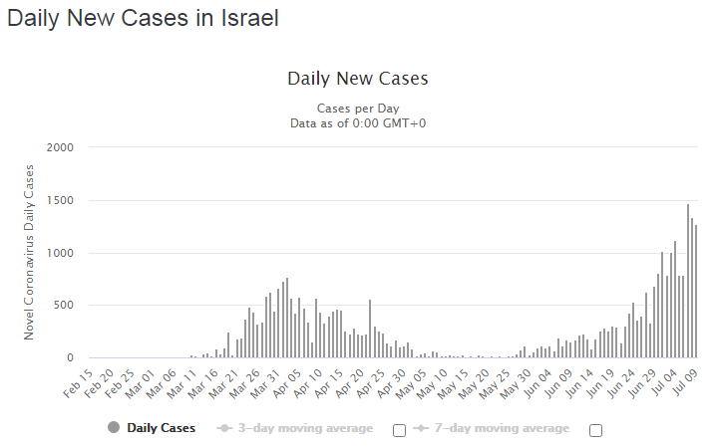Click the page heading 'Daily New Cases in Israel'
143,18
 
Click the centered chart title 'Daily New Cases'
357,79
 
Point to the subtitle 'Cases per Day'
357,108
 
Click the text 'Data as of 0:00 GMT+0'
357,122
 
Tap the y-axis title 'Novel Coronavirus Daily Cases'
29,253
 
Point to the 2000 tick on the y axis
61,147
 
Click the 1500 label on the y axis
61,200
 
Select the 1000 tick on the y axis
61,253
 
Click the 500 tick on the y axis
64,305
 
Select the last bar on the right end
696,291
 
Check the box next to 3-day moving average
400,430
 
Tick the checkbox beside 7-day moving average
596,430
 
